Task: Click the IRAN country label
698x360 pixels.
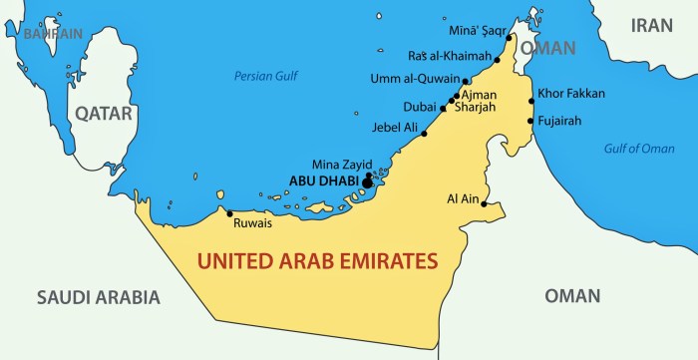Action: (652, 27)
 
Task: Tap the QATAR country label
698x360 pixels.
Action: (104, 114)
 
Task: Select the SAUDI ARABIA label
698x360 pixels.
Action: (98, 296)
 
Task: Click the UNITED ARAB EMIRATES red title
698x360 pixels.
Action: (318, 262)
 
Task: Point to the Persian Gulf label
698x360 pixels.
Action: (266, 76)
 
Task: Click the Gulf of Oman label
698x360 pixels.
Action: (639, 149)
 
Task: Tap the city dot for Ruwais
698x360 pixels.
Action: (230, 212)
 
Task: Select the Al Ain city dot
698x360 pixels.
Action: (485, 204)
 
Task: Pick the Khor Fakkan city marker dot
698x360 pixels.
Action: (531, 101)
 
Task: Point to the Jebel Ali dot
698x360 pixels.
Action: (425, 133)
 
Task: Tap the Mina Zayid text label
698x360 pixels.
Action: (341, 164)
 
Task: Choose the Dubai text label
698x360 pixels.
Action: (419, 107)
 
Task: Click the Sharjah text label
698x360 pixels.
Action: (474, 107)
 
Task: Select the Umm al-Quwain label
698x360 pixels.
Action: (415, 80)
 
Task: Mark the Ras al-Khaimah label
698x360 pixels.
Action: (448, 56)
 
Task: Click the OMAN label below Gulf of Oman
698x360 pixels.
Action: (572, 296)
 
